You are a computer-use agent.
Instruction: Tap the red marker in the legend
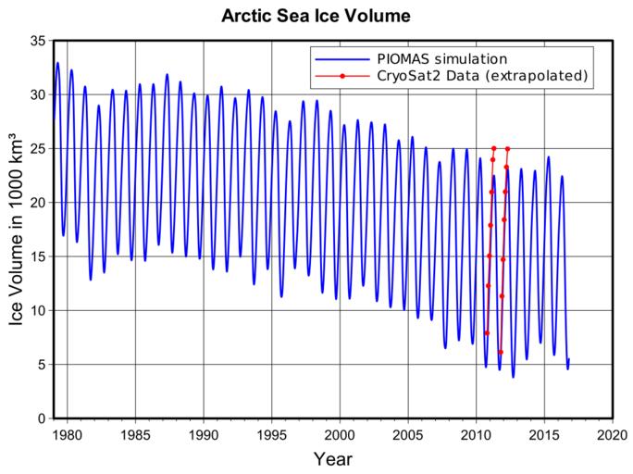(x=342, y=75)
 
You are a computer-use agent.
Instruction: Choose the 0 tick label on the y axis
(x=41, y=418)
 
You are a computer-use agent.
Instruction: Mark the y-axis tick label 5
(x=41, y=365)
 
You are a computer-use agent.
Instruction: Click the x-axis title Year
(x=332, y=458)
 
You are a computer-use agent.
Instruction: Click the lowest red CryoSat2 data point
(x=501, y=352)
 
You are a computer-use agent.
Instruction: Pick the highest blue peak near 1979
(x=57, y=63)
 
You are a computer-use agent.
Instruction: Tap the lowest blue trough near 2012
(x=513, y=376)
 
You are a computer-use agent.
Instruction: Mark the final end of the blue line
(x=569, y=359)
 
